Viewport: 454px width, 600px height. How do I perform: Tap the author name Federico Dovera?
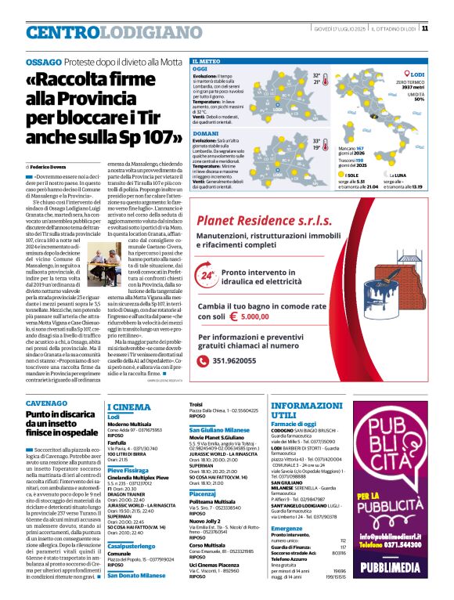point(50,168)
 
